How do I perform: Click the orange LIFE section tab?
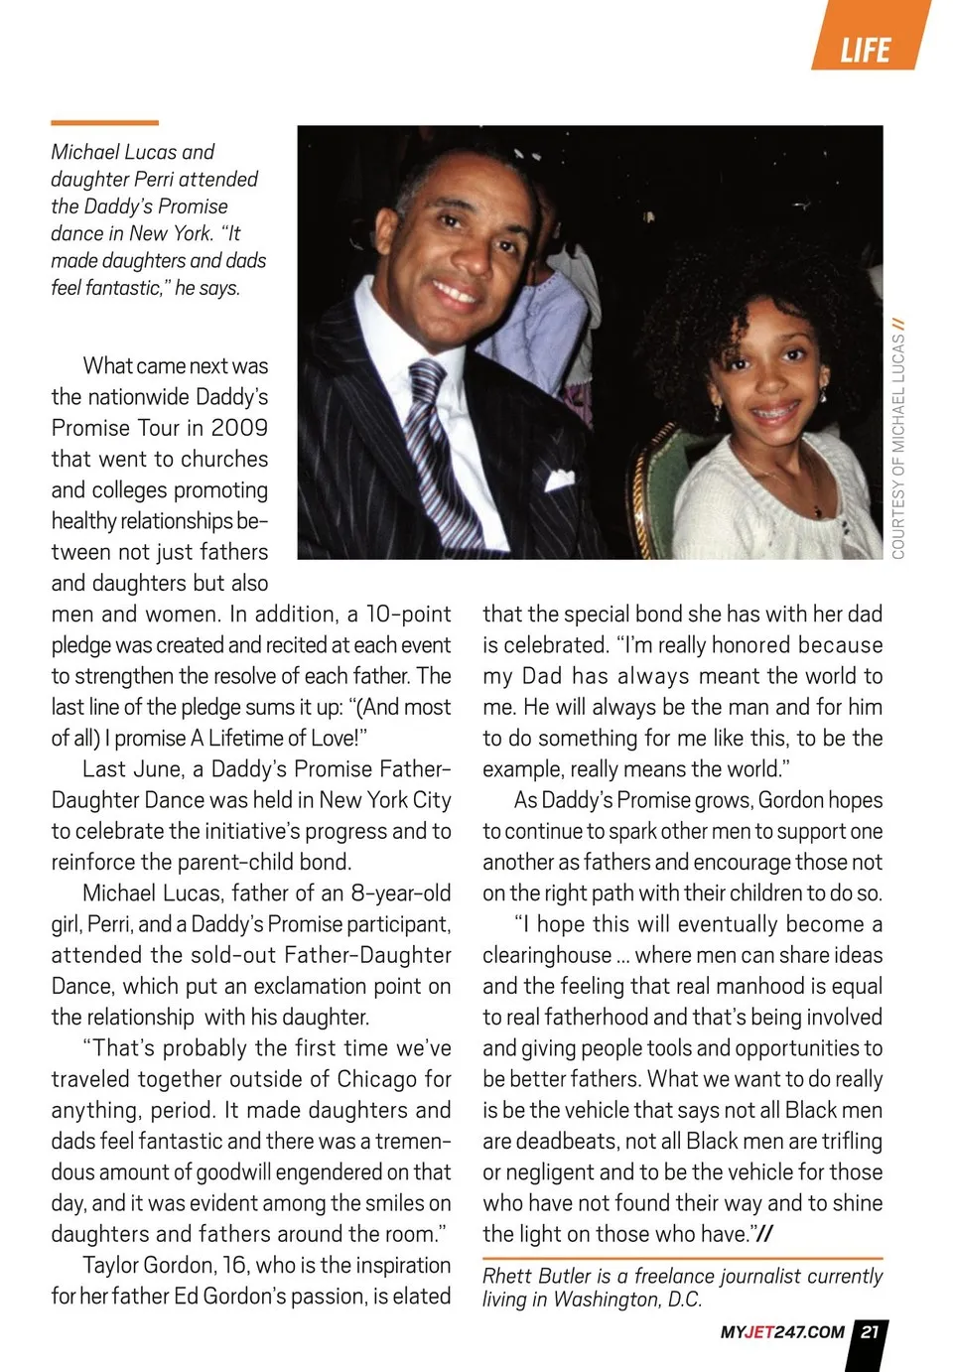click(867, 47)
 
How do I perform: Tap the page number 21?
click(870, 1332)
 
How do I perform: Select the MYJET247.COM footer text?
click(782, 1332)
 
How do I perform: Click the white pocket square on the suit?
click(559, 480)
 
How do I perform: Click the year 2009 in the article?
click(239, 428)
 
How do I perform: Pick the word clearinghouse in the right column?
click(547, 955)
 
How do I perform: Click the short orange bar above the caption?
click(104, 123)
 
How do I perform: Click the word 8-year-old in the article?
click(400, 892)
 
